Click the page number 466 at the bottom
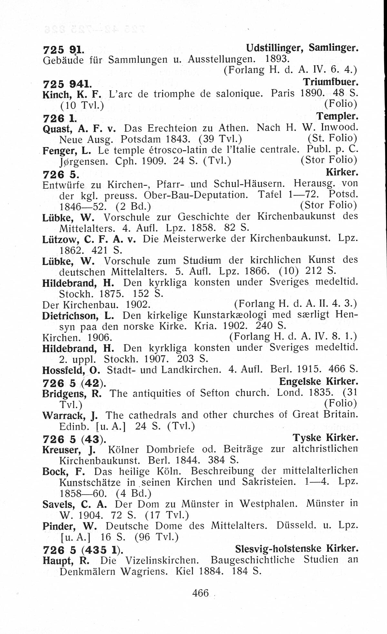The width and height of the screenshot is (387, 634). [200, 593]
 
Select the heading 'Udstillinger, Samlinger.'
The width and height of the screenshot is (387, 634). [302, 48]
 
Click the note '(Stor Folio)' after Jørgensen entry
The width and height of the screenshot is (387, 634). [329, 160]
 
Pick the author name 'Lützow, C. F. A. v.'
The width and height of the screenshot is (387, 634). [88, 239]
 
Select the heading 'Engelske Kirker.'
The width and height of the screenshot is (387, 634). [319, 382]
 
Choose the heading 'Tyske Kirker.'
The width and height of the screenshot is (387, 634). [325, 438]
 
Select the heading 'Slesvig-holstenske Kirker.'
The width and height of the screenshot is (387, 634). [297, 548]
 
